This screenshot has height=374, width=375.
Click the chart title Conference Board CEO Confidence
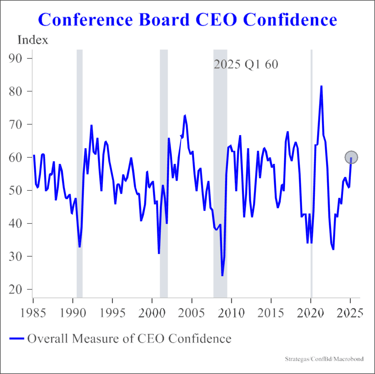[x=187, y=20]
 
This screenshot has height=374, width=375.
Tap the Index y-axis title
[x=33, y=40]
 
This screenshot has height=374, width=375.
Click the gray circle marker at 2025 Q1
[x=351, y=157]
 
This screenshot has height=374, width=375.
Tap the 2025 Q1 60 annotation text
[x=246, y=65]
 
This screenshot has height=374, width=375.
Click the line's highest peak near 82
[x=321, y=86]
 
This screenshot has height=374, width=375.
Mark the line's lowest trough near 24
[x=222, y=275]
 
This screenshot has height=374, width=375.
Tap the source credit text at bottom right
[x=324, y=359]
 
